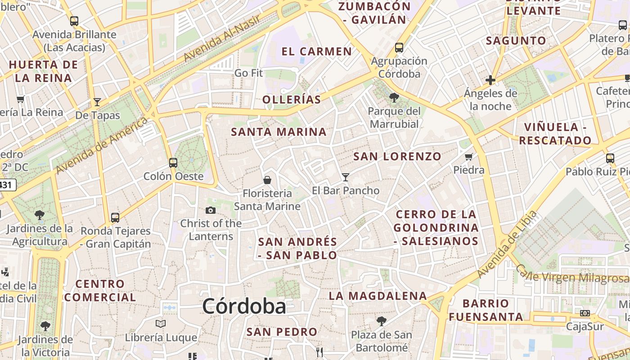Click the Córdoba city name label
(x=244, y=306)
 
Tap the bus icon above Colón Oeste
(x=173, y=163)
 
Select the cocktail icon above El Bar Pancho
(x=346, y=177)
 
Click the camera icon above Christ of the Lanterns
(x=211, y=210)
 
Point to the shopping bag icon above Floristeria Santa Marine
(x=267, y=180)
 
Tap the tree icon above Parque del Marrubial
(x=394, y=97)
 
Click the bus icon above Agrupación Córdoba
(x=399, y=47)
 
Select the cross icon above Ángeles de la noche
(x=490, y=81)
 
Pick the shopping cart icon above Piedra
(x=469, y=157)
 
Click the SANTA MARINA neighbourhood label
(x=279, y=132)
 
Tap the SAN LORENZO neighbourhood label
(x=397, y=157)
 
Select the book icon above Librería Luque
(x=161, y=324)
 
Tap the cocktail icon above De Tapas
(x=97, y=102)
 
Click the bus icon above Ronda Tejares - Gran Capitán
(x=115, y=218)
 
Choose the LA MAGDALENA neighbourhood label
(x=378, y=296)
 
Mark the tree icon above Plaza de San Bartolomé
(x=382, y=321)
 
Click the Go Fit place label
(x=248, y=72)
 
